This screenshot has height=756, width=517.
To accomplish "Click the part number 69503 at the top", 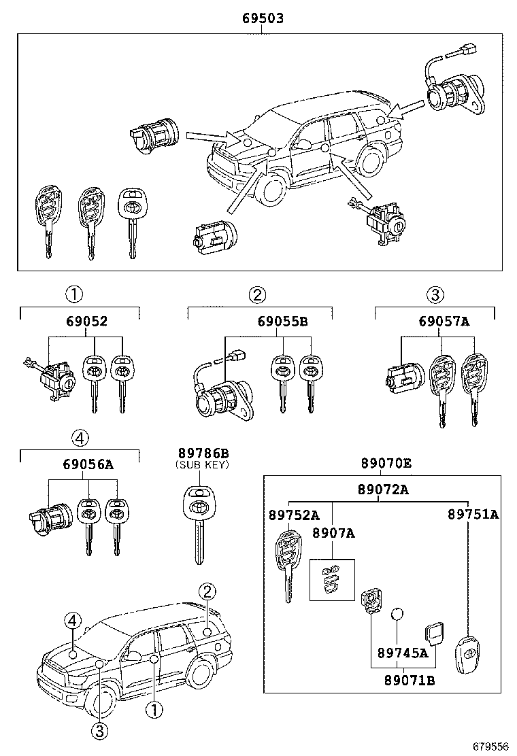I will pyautogui.click(x=263, y=18).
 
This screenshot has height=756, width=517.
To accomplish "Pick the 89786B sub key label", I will pyautogui.click(x=203, y=453).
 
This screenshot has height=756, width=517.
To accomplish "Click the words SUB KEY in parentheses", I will pyautogui.click(x=203, y=465).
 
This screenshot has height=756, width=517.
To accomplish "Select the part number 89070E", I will pyautogui.click(x=386, y=464).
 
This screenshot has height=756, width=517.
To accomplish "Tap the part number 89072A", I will pyautogui.click(x=383, y=489).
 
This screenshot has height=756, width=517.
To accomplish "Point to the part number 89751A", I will pyautogui.click(x=473, y=515).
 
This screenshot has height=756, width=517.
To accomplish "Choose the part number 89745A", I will pyautogui.click(x=403, y=653).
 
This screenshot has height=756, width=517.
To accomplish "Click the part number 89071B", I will pyautogui.click(x=409, y=679).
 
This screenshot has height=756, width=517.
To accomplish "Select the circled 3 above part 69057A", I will pyautogui.click(x=435, y=294).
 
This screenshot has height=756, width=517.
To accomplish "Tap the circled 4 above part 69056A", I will pyautogui.click(x=79, y=439).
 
